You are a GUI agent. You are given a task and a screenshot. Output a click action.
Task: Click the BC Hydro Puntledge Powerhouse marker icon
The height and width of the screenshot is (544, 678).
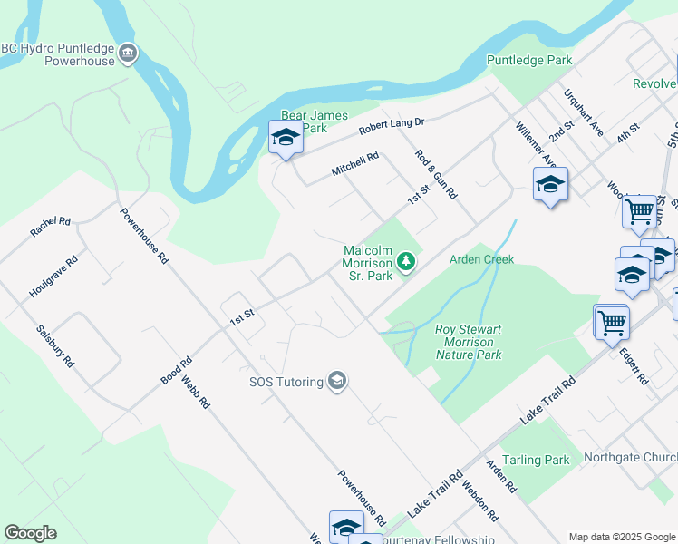(x=128, y=54)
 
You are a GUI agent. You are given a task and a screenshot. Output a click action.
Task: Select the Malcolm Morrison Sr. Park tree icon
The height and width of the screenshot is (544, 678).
(x=407, y=262)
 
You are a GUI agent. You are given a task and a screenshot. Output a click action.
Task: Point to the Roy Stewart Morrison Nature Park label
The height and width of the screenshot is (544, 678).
(x=468, y=343)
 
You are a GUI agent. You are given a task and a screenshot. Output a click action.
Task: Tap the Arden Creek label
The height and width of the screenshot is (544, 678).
(x=482, y=259)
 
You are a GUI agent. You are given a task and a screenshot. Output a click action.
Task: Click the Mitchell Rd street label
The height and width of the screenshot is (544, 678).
(x=354, y=164)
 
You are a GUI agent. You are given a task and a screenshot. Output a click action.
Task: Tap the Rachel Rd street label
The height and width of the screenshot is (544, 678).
(x=50, y=227)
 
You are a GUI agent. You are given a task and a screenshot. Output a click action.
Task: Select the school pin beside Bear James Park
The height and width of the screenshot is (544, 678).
(x=286, y=139)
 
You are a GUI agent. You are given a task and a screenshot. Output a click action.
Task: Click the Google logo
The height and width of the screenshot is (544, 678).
(x=31, y=533)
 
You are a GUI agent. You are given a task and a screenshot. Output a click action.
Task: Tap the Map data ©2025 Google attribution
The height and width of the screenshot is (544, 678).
(x=621, y=537)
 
